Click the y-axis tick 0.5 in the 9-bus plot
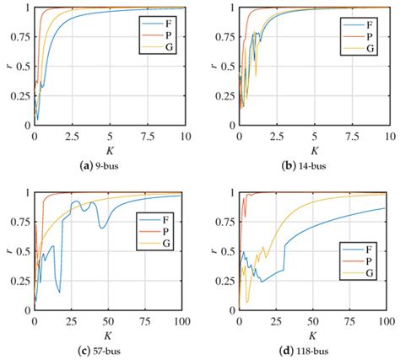click(23, 67)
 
